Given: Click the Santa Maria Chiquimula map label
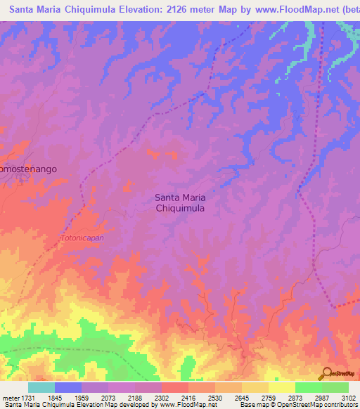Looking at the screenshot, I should coord(180,203).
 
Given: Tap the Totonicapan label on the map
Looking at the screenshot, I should coord(82,238).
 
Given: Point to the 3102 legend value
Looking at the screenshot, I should coord(347,398).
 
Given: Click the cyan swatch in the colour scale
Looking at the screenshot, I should coord(41,387).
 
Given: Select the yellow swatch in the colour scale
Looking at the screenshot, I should coord(282,387).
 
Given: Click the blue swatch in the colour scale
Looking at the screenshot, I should coord(68,387).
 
